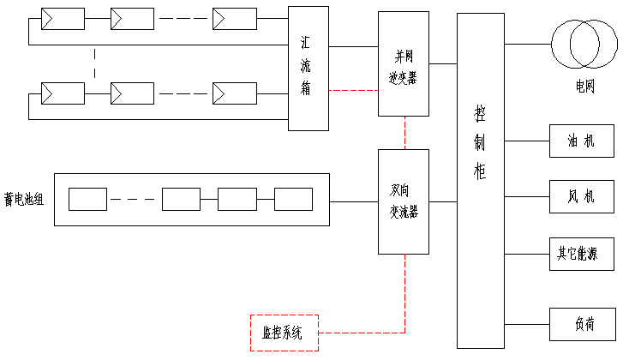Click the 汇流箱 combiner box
(x=308, y=68)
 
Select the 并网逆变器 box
(x=403, y=64)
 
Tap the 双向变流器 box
(x=403, y=201)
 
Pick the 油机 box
(x=581, y=141)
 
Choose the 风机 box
(x=581, y=197)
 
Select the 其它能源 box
(x=581, y=254)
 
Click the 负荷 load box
(x=581, y=324)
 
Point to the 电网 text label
(x=584, y=87)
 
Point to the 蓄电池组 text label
(x=25, y=200)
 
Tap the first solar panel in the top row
(x=63, y=18)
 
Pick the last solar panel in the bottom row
(x=235, y=92)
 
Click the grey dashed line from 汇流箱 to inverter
(x=353, y=90)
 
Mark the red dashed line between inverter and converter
(x=403, y=132)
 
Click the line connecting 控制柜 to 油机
(x=527, y=141)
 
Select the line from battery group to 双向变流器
(x=354, y=201)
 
